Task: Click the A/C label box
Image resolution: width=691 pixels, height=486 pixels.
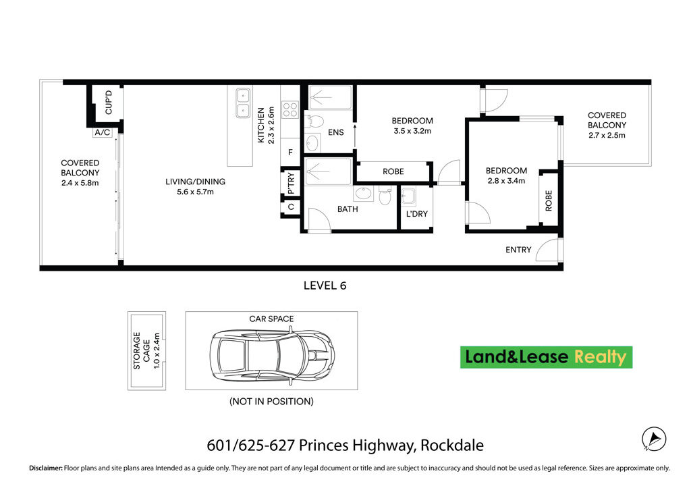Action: pyautogui.click(x=103, y=132)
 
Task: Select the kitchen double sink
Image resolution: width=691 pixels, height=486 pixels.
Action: pyautogui.click(x=243, y=104)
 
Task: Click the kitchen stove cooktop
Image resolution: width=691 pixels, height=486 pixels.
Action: pyautogui.click(x=290, y=109)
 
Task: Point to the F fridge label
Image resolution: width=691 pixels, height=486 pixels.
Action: pyautogui.click(x=290, y=153)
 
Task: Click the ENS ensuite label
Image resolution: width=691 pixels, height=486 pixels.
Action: pyautogui.click(x=335, y=132)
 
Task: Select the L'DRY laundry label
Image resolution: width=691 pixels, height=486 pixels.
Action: pyautogui.click(x=416, y=215)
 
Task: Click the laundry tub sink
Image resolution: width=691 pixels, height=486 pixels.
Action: pyautogui.click(x=408, y=197)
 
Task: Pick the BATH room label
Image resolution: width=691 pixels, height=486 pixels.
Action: pyautogui.click(x=348, y=209)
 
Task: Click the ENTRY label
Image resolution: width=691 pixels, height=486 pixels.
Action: pyautogui.click(x=518, y=250)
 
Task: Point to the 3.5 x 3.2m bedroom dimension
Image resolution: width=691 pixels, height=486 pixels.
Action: pyautogui.click(x=411, y=131)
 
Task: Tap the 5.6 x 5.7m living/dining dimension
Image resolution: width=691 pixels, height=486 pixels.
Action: pyautogui.click(x=196, y=192)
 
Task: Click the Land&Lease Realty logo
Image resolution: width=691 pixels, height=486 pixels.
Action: pyautogui.click(x=546, y=357)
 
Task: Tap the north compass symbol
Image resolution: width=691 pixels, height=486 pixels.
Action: pyautogui.click(x=653, y=438)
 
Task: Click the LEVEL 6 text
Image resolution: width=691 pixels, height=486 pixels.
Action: pyautogui.click(x=325, y=286)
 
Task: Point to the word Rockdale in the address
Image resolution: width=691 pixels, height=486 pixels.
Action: pyautogui.click(x=452, y=446)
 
